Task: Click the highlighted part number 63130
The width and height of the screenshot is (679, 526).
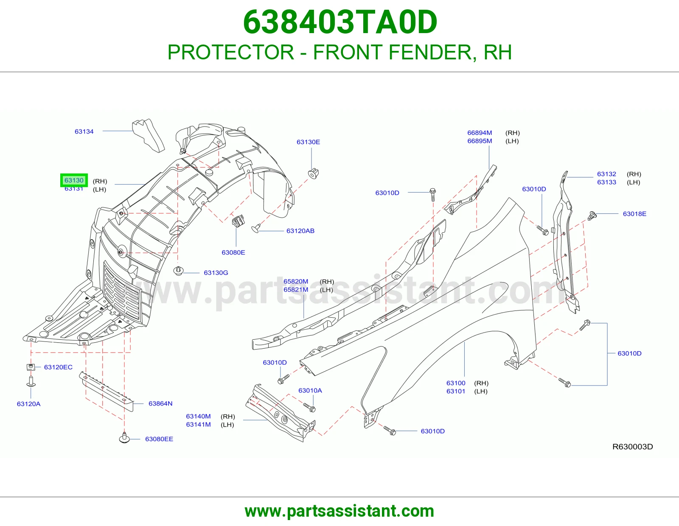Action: [x=74, y=180]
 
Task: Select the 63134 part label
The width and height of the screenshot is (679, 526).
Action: [x=84, y=131]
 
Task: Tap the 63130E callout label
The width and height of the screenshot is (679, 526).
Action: [x=308, y=142]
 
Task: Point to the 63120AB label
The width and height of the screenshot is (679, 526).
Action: [x=300, y=231]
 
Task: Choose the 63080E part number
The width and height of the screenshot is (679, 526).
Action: [x=233, y=252]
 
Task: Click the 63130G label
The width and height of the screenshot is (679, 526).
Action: [x=216, y=273]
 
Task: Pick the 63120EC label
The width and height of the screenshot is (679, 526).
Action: [x=58, y=367]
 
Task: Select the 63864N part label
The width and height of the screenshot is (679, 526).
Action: [x=160, y=403]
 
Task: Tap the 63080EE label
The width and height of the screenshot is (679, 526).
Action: [x=159, y=439]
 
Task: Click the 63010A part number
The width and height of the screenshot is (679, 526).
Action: [x=310, y=390]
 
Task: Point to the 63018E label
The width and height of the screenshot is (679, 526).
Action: [x=634, y=214]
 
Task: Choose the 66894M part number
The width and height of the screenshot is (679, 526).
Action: [x=480, y=133]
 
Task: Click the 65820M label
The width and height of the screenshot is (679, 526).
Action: [x=296, y=281]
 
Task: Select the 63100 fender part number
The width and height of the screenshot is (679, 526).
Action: [x=456, y=383]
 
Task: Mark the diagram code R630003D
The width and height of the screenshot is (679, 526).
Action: [x=632, y=447]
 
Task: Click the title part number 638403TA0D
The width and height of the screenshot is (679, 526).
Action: [x=340, y=22]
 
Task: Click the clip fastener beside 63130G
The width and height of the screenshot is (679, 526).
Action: [x=178, y=271]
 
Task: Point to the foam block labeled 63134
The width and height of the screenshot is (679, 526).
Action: [x=148, y=135]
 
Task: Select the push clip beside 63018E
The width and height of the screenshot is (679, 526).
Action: [x=592, y=215]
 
